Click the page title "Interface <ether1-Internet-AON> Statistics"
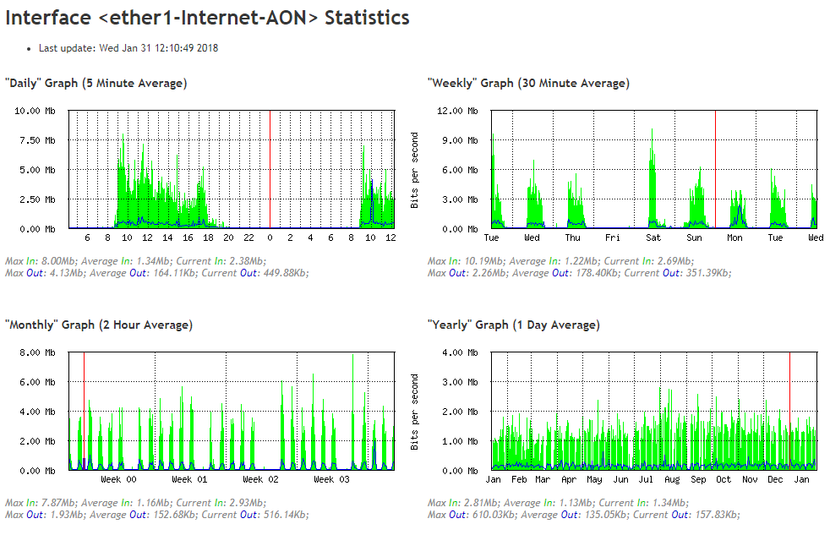(208, 18)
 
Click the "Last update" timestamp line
(128, 48)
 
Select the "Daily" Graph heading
(96, 83)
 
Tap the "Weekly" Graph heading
(528, 83)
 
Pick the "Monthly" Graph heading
(99, 325)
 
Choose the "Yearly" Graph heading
(514, 325)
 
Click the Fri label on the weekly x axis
(613, 238)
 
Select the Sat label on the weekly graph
(653, 238)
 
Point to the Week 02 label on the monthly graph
(261, 480)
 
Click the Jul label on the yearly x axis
(647, 480)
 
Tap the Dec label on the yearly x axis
(775, 480)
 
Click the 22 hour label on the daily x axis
(249, 238)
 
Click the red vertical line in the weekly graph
(715, 169)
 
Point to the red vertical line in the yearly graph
(789, 410)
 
